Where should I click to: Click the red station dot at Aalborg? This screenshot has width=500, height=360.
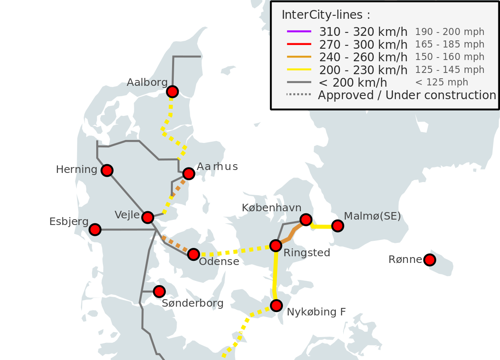(172, 92)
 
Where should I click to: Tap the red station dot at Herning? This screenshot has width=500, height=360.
(107, 170)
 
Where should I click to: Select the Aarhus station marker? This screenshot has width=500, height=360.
(188, 173)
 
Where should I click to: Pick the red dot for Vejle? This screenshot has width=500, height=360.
(147, 217)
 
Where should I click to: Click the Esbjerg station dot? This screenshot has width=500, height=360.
(95, 229)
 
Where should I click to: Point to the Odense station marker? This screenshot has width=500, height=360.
(193, 254)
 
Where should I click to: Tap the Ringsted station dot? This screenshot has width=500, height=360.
(275, 246)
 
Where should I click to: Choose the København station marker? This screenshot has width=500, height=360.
(306, 220)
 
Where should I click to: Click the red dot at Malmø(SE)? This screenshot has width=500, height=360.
(337, 226)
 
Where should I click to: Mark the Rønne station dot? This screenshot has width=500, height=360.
(430, 260)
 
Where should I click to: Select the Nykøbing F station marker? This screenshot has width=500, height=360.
(276, 306)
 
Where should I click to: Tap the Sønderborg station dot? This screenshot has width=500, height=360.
(159, 291)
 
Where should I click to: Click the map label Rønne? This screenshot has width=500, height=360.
(405, 260)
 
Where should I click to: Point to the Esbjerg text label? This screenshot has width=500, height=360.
(69, 222)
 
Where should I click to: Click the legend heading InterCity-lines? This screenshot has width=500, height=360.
(326, 15)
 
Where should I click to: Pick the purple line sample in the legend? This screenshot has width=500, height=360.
(299, 31)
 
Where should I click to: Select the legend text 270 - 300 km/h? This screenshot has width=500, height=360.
(363, 45)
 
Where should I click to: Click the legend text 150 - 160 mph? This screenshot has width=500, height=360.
(450, 57)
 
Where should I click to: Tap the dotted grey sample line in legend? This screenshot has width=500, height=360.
(299, 95)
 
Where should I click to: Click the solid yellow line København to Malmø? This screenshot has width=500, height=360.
(322, 227)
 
